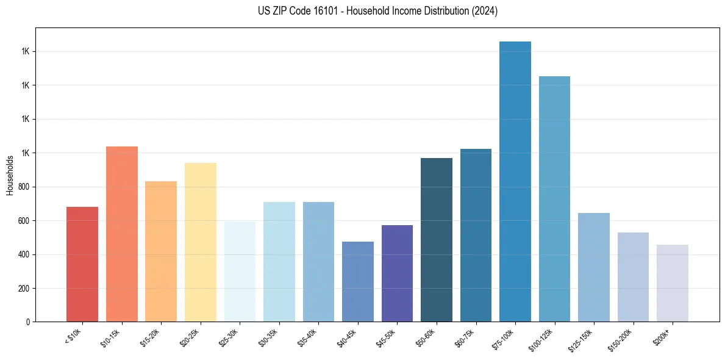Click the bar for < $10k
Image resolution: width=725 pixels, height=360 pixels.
tap(82, 264)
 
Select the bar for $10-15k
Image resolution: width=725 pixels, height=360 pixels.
tap(122, 234)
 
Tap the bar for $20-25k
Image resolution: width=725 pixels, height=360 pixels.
tap(201, 242)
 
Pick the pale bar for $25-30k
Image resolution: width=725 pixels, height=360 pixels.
tap(240, 272)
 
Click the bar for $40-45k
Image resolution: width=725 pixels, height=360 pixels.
tap(358, 281)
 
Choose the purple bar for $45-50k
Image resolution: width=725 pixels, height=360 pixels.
tap(397, 273)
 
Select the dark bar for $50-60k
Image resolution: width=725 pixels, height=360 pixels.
tap(437, 240)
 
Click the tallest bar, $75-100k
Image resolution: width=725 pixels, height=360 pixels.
tap(515, 181)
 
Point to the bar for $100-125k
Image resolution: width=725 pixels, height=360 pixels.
tap(554, 199)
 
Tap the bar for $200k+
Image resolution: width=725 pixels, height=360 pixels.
tap(673, 283)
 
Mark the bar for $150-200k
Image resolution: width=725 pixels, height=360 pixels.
tap(633, 277)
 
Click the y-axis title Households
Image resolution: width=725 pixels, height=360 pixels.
tap(10, 175)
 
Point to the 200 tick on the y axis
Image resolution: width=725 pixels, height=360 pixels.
tap(24, 288)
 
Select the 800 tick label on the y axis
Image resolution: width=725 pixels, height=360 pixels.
tap(24, 187)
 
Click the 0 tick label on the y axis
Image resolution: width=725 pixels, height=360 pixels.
tap(28, 322)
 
